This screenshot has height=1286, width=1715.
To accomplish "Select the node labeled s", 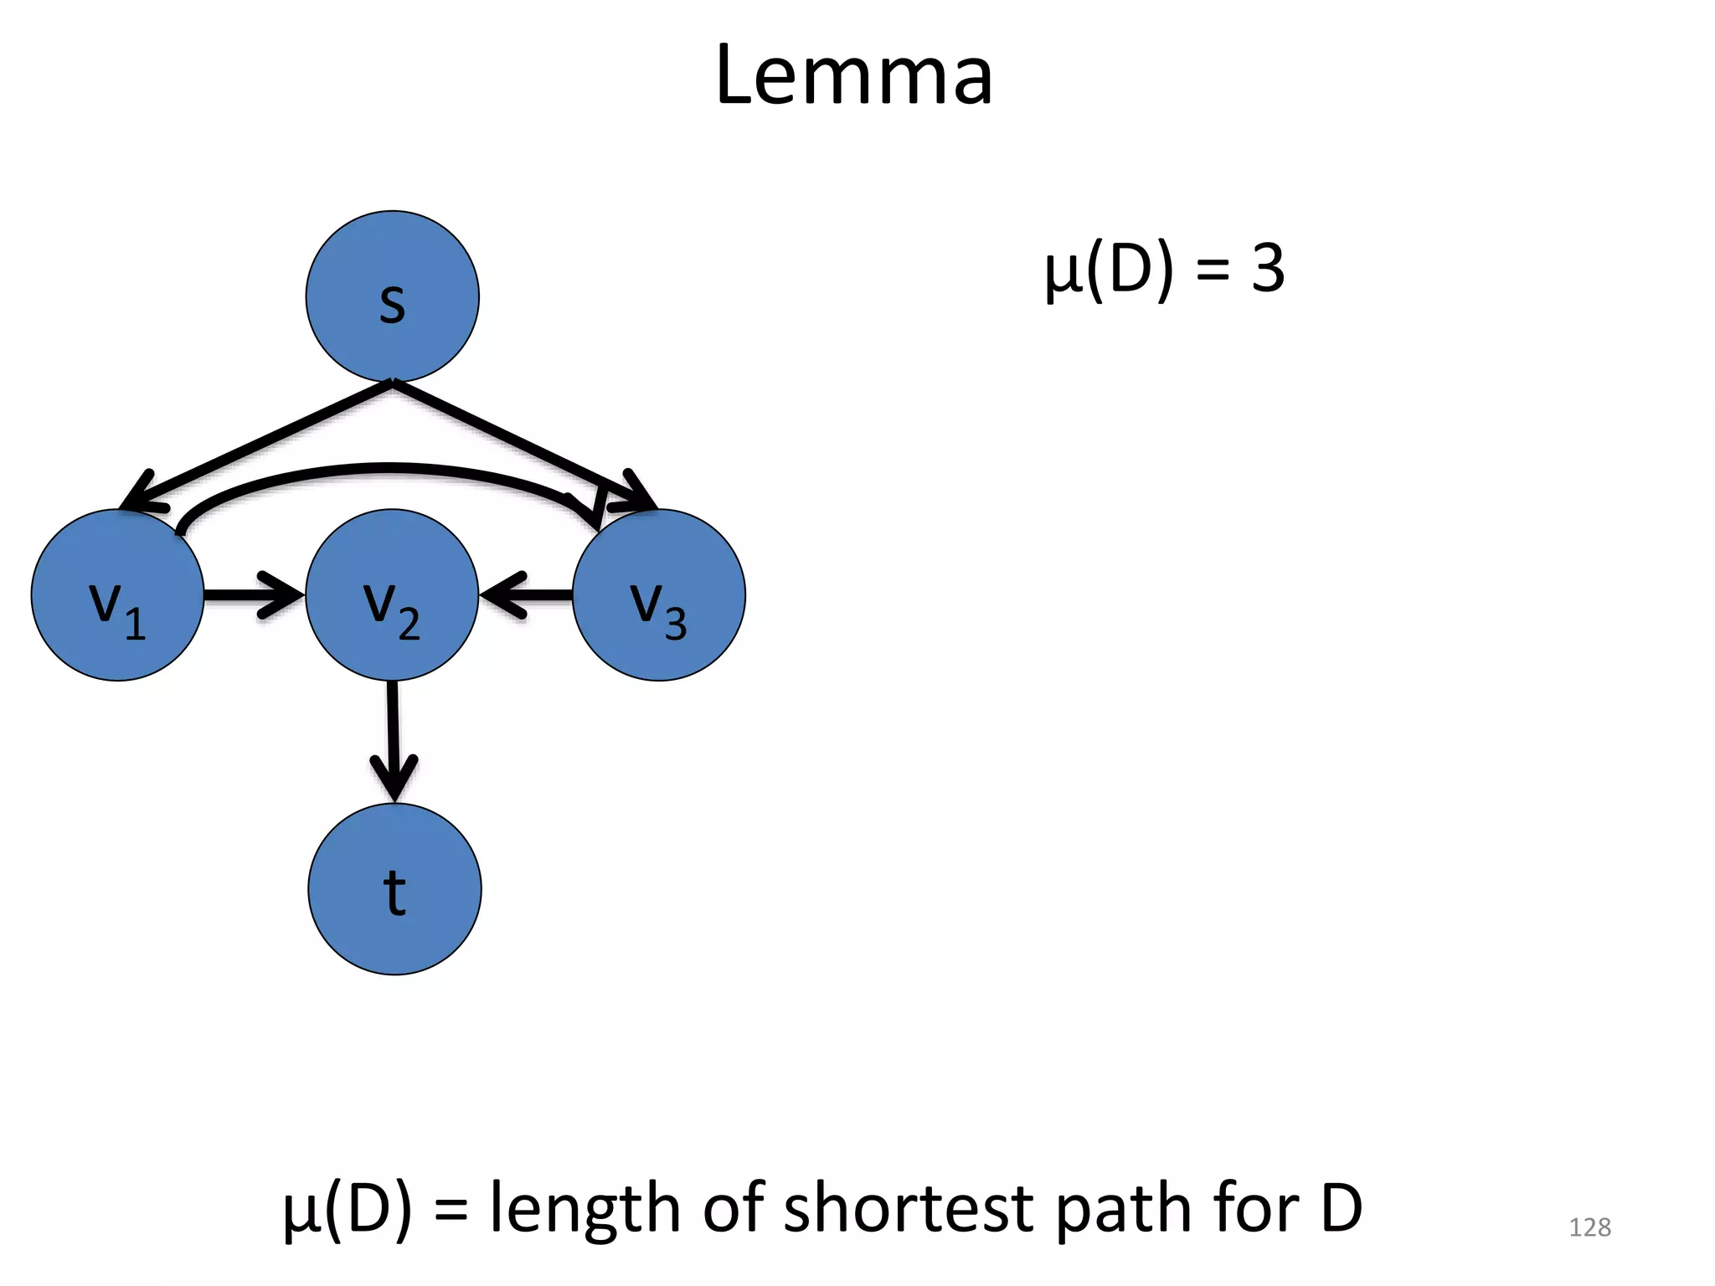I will pos(392,296).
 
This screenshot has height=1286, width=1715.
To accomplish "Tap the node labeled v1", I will pos(117,595).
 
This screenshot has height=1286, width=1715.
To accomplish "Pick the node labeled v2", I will pos(392,595).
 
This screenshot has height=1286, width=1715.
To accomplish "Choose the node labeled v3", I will pos(659,595).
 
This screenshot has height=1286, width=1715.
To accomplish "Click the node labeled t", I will pos(394,889).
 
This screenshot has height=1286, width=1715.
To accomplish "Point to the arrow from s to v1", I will pos(260,444).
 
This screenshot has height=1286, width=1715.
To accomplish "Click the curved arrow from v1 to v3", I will pos(385,468).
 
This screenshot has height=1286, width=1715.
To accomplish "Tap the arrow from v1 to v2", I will pos(251,595).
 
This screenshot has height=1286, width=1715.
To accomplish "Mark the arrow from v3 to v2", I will pos(528,595).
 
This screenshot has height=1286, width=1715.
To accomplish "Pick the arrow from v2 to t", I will pos(393,737).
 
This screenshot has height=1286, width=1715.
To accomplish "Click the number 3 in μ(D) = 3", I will pos(1268,270).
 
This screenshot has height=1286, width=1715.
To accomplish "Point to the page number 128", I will pos(1589,1227).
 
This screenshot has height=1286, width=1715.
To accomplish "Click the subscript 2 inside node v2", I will pos(409,625).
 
